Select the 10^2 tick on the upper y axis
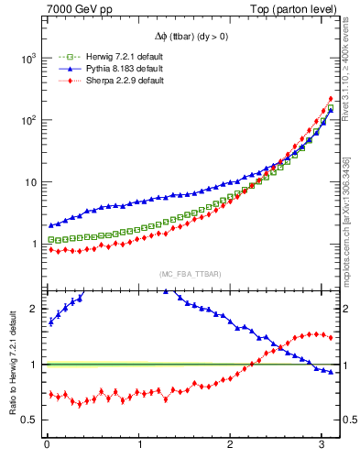[x=27, y=120]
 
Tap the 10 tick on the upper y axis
[x=29, y=182]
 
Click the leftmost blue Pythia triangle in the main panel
[x=51, y=224]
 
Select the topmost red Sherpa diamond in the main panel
[x=330, y=99]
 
